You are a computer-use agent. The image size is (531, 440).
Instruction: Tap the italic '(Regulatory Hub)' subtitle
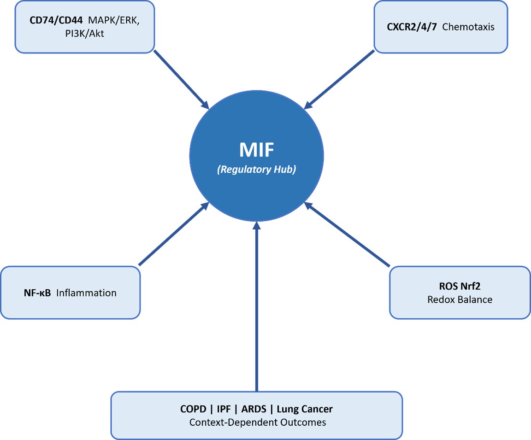click(x=256, y=169)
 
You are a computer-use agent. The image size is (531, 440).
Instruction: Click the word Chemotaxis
click(x=468, y=27)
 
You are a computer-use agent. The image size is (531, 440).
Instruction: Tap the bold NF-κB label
click(x=37, y=293)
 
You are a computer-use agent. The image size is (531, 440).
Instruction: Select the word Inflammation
click(x=86, y=293)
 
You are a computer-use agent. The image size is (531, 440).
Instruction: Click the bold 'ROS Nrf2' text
click(x=459, y=287)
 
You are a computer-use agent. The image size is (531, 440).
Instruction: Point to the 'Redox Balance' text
click(x=459, y=299)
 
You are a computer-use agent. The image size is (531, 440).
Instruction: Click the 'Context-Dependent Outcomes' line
click(x=257, y=422)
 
